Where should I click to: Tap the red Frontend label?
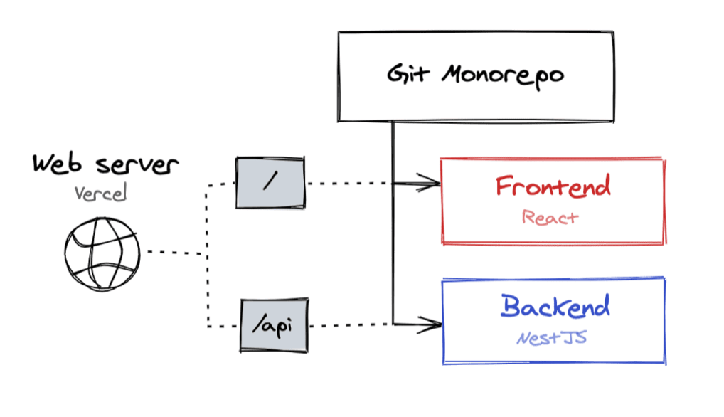click(x=553, y=186)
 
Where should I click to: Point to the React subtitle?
click(x=550, y=217)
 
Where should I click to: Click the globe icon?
click(x=102, y=253)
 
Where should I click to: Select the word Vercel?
click(x=100, y=193)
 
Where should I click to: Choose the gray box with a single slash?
click(x=270, y=182)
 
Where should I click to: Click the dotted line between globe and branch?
click(x=174, y=253)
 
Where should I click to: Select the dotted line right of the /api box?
click(x=348, y=326)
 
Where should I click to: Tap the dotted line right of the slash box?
click(x=348, y=183)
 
